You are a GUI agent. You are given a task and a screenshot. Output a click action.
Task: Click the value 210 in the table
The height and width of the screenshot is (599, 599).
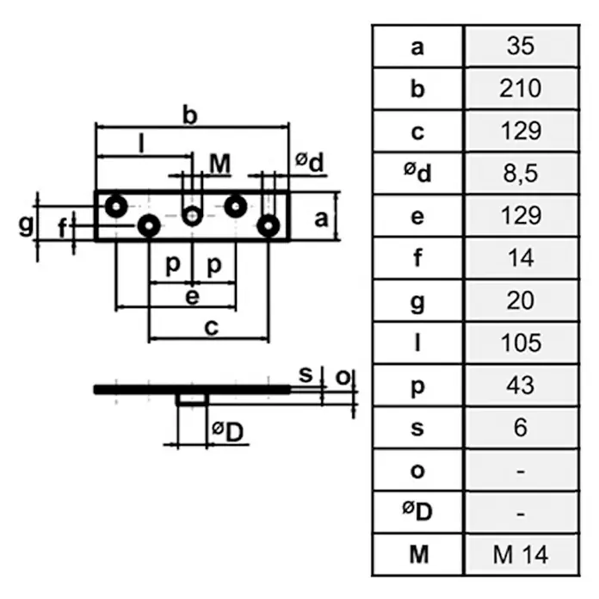tap(521, 89)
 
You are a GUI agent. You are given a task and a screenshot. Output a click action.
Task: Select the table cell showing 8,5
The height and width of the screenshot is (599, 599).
tap(521, 174)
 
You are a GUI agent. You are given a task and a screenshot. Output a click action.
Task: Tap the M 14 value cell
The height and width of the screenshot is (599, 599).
tap(521, 555)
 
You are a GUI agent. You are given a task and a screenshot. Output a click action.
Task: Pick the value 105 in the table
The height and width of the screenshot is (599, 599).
tap(521, 343)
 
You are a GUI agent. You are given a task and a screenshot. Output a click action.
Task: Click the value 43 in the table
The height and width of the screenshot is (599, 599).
tap(521, 385)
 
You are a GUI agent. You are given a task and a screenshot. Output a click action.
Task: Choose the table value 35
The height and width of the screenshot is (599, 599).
tap(521, 46)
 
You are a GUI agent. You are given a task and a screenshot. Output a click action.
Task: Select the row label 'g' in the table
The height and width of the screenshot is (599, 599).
tap(417, 303)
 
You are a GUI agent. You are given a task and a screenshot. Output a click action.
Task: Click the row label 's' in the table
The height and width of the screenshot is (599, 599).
tap(417, 429)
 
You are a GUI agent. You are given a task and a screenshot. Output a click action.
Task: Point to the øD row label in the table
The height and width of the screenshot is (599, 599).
tap(417, 511)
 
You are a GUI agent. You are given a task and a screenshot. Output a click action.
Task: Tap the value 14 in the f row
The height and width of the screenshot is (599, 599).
tap(521, 258)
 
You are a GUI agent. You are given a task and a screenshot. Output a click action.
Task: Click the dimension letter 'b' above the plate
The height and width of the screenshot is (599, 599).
tap(190, 115)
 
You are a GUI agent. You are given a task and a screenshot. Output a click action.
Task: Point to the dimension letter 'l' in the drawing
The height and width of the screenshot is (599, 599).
tap(142, 144)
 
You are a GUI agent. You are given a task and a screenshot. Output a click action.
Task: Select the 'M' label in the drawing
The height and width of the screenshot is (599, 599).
tap(220, 164)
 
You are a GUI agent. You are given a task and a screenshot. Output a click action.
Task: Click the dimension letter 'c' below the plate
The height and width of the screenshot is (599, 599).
tap(211, 327)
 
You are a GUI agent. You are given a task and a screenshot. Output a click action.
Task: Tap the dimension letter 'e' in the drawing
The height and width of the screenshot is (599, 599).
tap(192, 297)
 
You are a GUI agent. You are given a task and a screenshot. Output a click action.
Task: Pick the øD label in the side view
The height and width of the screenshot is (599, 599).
tap(228, 432)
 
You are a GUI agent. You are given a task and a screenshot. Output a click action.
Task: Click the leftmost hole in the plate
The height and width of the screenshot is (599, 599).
tap(116, 207)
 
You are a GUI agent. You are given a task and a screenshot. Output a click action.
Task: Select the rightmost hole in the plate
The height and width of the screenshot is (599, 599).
tap(269, 225)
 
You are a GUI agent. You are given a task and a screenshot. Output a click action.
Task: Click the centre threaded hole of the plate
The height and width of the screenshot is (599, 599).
tap(192, 216)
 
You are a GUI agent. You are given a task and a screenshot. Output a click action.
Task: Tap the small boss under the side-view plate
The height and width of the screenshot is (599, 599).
tap(193, 399)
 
